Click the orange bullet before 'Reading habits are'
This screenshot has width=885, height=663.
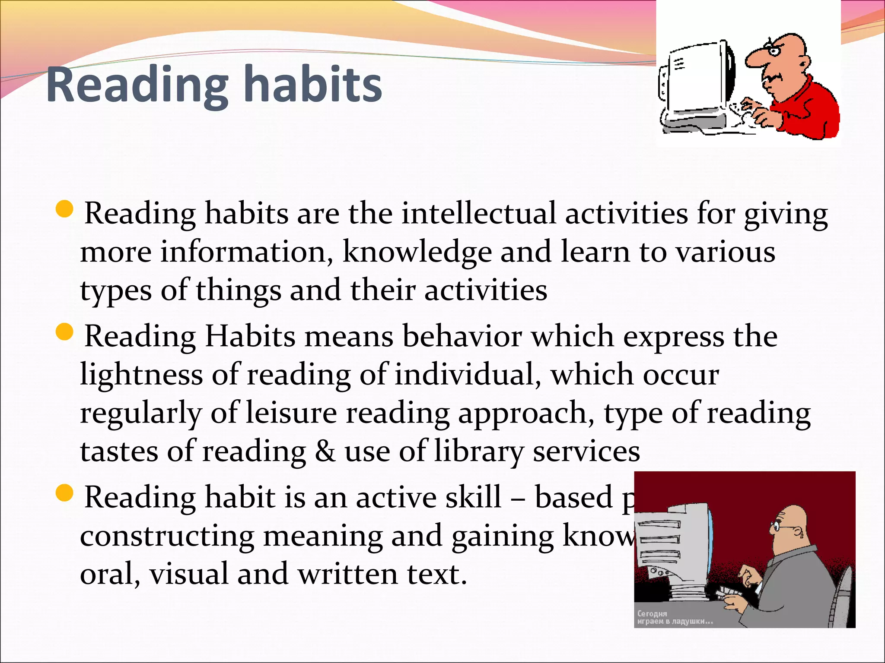click(x=65, y=209)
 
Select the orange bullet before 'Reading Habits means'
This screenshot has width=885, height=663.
click(x=65, y=332)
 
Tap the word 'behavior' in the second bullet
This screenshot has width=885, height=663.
click(x=462, y=336)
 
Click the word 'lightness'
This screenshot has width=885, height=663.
click(x=141, y=374)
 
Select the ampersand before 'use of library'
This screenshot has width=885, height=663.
click(x=325, y=451)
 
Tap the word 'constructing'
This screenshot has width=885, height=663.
click(x=167, y=537)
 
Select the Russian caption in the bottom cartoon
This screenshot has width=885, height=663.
click(x=674, y=618)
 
